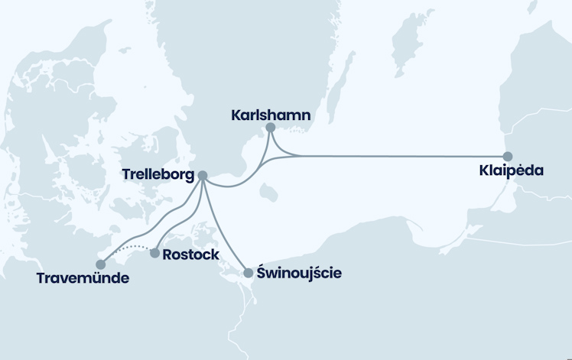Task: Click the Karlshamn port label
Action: (x=270, y=115)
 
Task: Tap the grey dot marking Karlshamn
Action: (x=270, y=128)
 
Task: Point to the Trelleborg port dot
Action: (x=203, y=176)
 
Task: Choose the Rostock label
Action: (x=191, y=255)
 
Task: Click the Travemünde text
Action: (x=83, y=278)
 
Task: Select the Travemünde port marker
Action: (x=101, y=264)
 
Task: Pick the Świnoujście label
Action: (x=299, y=273)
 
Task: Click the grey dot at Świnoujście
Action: (x=248, y=273)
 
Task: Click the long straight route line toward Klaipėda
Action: (x=398, y=156)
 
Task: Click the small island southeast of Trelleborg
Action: (x=267, y=193)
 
